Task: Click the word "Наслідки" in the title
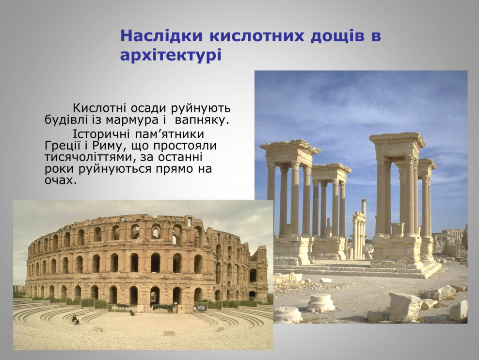point(161,36)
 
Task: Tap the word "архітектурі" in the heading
point(171,56)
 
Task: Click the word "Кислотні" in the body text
point(99,108)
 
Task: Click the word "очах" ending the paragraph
point(60,180)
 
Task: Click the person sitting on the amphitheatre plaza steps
point(75,319)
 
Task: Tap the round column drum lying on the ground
point(320,303)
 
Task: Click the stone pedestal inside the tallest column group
point(398,230)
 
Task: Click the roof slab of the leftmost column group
point(290,147)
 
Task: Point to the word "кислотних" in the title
point(256,36)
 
